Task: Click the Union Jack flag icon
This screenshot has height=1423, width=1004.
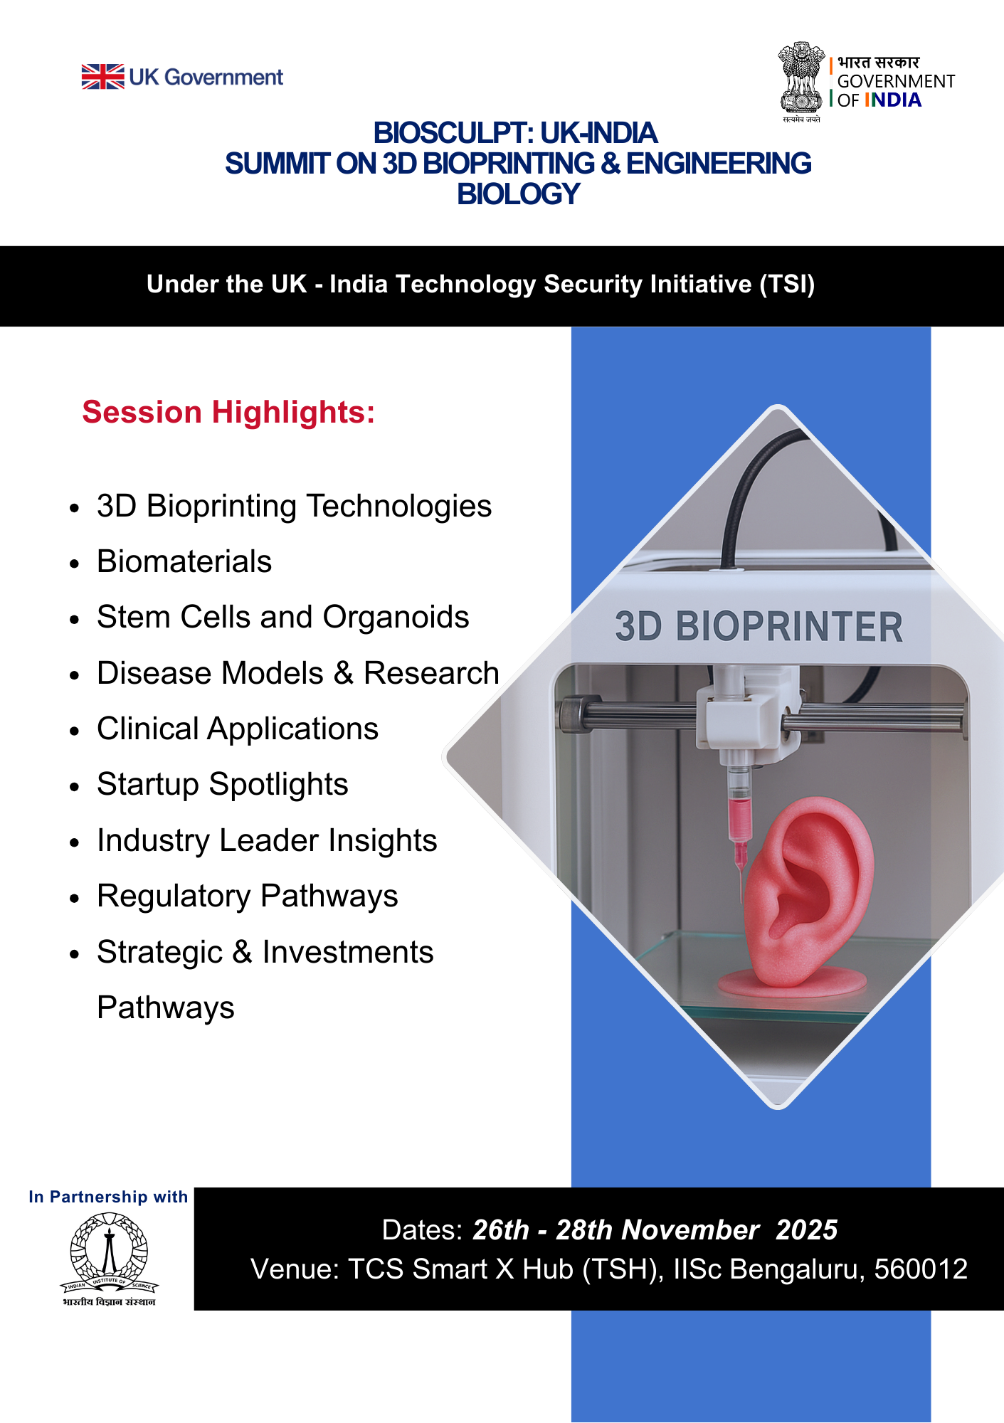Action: pos(102,77)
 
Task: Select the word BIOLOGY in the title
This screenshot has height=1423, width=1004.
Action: pos(519,194)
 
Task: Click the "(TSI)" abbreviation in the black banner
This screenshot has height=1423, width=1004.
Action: pos(787,284)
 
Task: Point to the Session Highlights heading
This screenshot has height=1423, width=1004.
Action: pos(228,413)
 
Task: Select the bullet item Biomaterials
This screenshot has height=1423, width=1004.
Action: pos(184,561)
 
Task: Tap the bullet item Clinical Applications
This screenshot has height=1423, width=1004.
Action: pos(238,729)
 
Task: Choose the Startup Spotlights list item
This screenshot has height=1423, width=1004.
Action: pos(223,785)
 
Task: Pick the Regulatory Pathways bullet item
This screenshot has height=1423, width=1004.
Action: pos(248,896)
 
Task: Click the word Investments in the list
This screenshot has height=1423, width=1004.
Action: pos(348,952)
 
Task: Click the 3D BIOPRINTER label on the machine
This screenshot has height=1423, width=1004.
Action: pos(759,627)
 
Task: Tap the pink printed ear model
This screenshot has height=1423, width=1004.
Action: pos(805,896)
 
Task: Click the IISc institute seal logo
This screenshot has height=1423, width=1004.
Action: pos(109,1259)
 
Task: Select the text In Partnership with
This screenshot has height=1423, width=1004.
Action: pos(108,1197)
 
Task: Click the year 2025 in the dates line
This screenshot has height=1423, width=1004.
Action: pos(807,1229)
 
